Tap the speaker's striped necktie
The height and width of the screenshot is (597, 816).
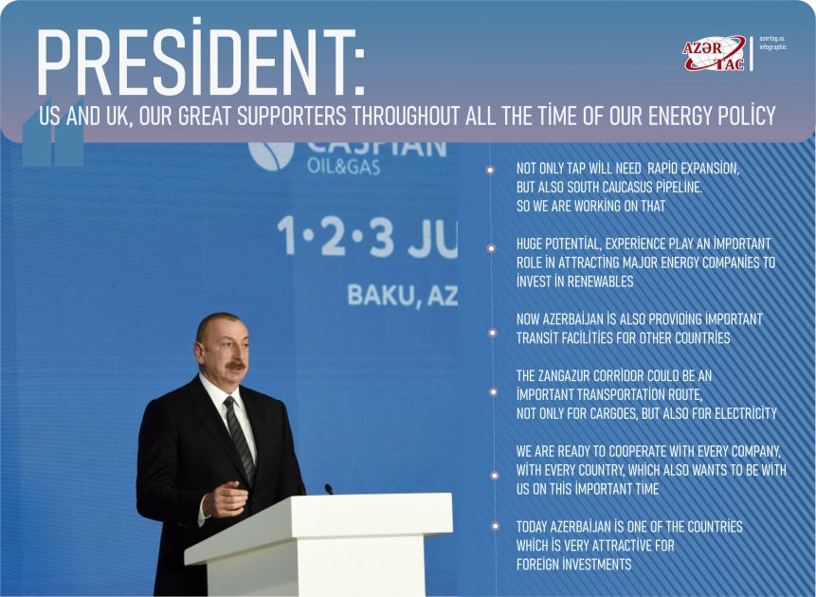click(239, 437)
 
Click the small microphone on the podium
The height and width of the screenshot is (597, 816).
click(329, 489)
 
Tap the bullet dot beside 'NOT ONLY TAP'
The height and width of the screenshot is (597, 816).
click(490, 171)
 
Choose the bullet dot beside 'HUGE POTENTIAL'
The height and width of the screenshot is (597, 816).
click(490, 248)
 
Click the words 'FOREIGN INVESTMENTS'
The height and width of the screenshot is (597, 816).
click(573, 565)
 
